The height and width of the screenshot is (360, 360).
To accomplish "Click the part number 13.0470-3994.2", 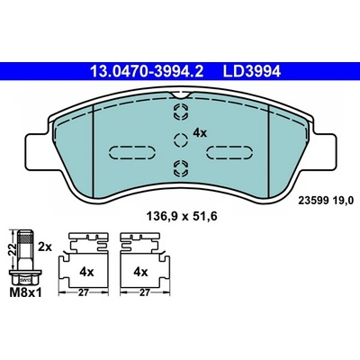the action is (x=147, y=72).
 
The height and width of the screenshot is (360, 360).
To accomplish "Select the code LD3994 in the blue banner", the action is (x=251, y=72).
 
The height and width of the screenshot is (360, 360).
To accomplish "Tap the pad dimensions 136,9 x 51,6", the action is (x=181, y=216).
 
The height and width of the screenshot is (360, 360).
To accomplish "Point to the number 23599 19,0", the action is (x=326, y=200).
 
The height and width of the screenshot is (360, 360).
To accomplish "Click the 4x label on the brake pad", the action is (x=200, y=132).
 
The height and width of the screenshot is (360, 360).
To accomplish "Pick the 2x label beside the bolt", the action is (x=45, y=247).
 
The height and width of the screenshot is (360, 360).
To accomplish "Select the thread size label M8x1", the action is (x=26, y=292).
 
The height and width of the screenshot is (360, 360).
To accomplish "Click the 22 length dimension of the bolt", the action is (x=13, y=249).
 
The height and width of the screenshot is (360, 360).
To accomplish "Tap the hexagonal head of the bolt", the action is (x=25, y=277).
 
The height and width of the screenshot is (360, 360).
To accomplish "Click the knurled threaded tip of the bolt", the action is (x=26, y=237).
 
